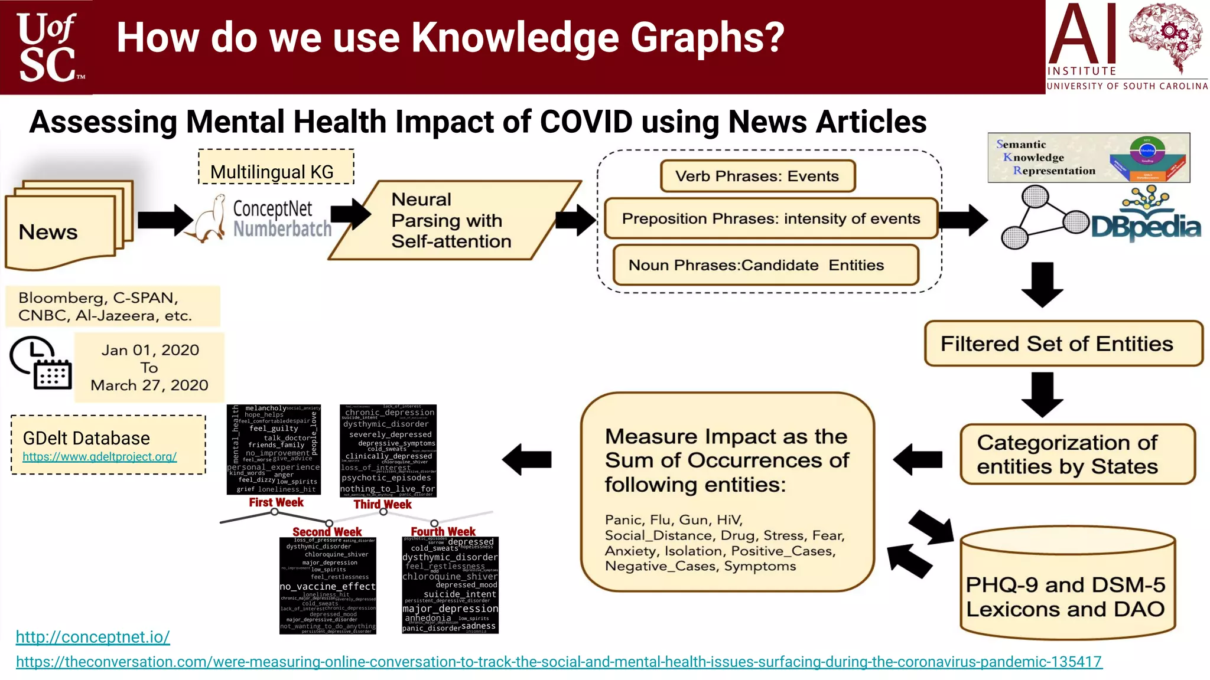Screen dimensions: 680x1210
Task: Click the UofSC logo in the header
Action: coord(47,47)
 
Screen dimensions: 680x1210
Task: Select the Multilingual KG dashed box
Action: coord(276,167)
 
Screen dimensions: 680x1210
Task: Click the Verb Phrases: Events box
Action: coord(757,176)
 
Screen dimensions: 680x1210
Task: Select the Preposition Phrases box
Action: coord(770,218)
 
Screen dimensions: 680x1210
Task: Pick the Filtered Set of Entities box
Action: coord(1063,344)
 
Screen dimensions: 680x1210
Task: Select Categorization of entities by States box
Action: coord(1077,454)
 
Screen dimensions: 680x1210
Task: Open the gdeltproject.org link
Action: coord(99,457)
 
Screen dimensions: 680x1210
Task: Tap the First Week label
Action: coord(276,502)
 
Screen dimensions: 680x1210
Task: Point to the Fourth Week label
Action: coord(443,531)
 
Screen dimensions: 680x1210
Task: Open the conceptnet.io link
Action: coord(93,637)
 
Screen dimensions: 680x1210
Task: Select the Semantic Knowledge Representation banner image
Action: coord(1088,158)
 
